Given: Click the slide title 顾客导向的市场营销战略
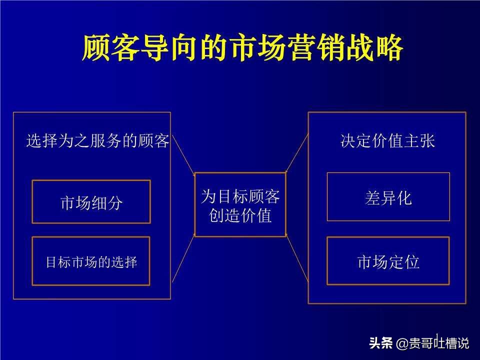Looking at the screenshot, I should click(242, 48).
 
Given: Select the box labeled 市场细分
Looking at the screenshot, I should click(91, 202).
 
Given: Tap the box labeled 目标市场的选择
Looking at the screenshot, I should click(91, 261).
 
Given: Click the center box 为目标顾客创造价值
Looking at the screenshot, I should click(240, 204).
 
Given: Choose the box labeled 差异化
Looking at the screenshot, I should click(388, 197).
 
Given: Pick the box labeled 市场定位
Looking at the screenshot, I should click(388, 261).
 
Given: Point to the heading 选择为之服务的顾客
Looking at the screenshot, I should click(97, 141).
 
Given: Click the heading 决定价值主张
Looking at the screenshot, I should click(387, 141).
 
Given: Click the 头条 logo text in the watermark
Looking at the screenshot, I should click(381, 343).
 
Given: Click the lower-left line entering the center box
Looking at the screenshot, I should click(183, 258).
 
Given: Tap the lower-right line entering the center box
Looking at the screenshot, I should click(297, 258).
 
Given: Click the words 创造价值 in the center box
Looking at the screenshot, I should click(240, 215).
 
